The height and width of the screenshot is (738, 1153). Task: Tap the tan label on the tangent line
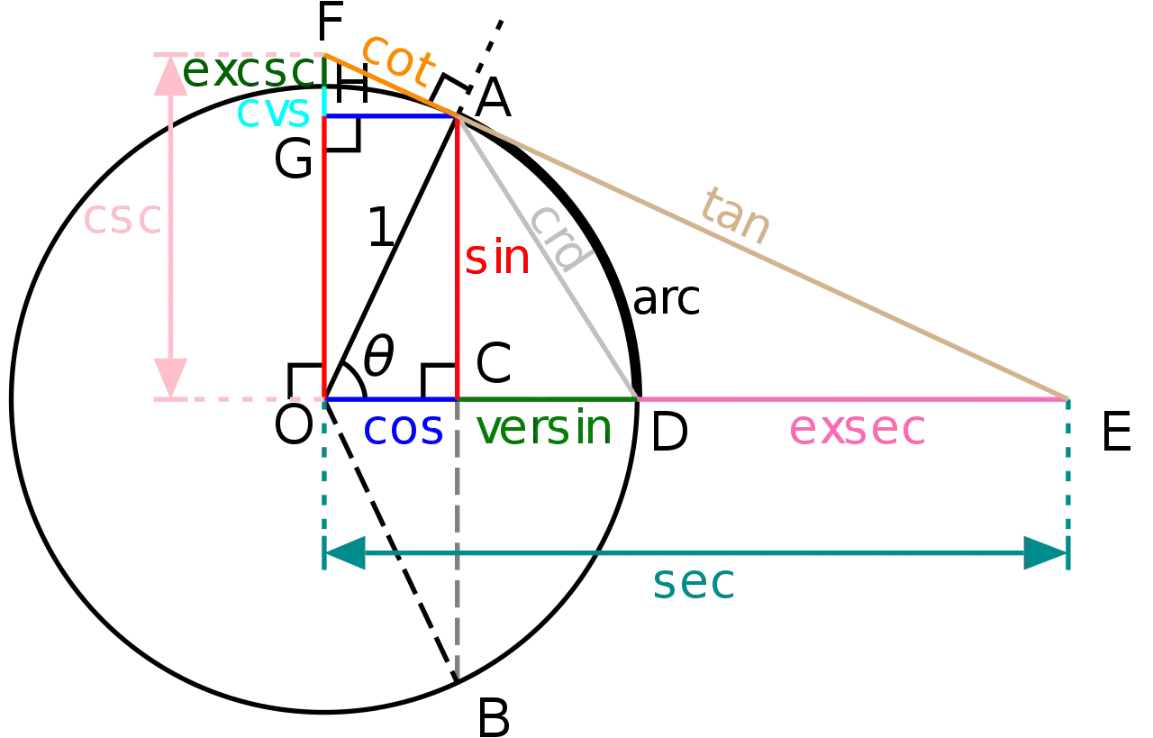(736, 216)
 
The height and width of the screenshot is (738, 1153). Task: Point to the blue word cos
(403, 429)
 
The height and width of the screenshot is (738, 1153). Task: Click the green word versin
(544, 426)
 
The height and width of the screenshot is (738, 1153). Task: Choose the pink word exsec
(857, 429)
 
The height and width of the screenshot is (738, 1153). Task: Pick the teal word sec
(694, 583)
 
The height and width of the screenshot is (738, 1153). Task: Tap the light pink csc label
(123, 218)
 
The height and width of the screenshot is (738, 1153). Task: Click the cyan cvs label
(273, 112)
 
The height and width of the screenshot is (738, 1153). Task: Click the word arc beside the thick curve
(666, 299)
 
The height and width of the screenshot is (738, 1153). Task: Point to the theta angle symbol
(379, 355)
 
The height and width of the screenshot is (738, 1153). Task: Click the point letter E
(1116, 432)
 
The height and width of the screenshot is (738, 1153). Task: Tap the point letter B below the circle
(493, 719)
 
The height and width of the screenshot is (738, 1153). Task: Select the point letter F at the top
(330, 22)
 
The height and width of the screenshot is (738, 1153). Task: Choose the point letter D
(669, 433)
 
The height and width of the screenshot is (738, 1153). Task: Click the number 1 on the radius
(381, 226)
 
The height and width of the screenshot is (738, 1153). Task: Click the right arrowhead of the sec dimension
(1046, 553)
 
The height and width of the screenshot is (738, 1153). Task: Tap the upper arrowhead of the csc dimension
(170, 74)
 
